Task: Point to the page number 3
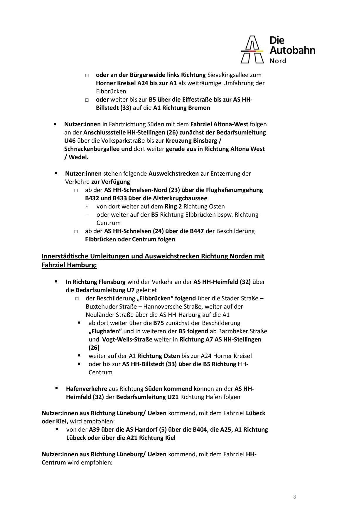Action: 294,497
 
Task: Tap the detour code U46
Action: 70,141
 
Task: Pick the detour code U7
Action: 130,290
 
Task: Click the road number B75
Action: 159,323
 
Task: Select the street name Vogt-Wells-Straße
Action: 127,339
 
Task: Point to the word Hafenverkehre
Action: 86,389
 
